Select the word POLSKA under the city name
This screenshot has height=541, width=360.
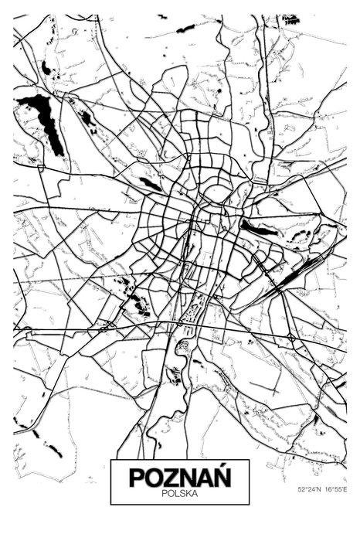[x=179, y=492]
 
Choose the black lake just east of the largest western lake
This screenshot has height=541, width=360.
[x=87, y=118]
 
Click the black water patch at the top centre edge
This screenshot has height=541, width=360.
[x=186, y=29]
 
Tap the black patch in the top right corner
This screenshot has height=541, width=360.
[x=291, y=19]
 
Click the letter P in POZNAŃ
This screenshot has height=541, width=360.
[x=137, y=477]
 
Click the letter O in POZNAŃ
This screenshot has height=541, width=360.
[x=154, y=477]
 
